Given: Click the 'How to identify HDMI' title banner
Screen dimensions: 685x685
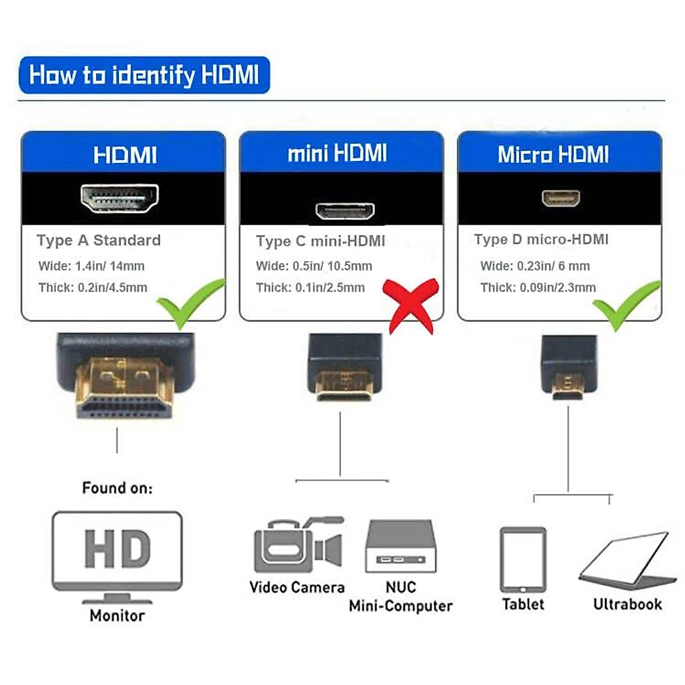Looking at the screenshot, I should (144, 75).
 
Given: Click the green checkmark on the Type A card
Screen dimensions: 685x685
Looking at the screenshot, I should (188, 303).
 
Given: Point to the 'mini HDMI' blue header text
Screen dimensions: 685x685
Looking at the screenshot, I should (337, 153).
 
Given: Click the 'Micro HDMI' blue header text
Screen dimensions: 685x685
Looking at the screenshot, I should (553, 154).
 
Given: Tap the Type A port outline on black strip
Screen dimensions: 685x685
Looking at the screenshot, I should (119, 199).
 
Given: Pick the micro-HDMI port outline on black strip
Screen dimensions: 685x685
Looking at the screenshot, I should (561, 198).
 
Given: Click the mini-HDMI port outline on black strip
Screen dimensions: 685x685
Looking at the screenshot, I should (345, 211).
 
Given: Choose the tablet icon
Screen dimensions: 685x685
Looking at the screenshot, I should (523, 559).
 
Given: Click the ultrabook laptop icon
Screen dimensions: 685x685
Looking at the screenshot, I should (627, 559).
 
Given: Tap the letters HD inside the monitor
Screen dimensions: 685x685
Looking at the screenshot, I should (117, 549).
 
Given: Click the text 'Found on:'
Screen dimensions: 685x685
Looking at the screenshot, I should (118, 488).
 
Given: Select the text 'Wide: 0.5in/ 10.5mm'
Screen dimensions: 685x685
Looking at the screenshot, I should (314, 266).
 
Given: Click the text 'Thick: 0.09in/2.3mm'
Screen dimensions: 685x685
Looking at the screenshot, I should (538, 288).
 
